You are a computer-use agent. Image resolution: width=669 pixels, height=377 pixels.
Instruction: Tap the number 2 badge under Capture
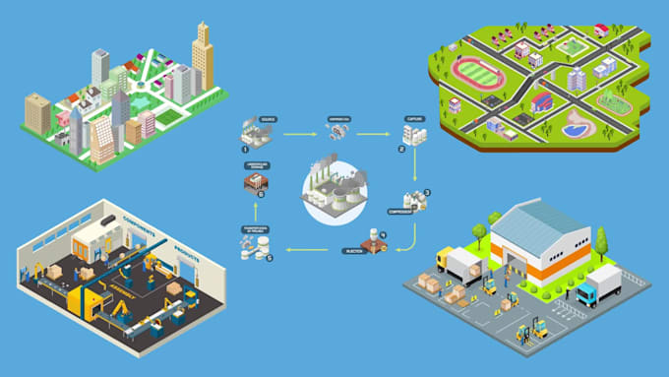coord(401,149)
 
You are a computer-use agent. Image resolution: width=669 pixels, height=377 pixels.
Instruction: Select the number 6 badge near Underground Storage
coord(260,194)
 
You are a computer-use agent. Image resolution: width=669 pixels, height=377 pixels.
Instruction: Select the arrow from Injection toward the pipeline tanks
coord(305,251)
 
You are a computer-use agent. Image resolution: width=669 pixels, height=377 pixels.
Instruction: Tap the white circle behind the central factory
coord(334,196)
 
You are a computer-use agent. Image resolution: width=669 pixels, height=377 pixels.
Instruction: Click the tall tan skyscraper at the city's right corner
coord(202,57)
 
